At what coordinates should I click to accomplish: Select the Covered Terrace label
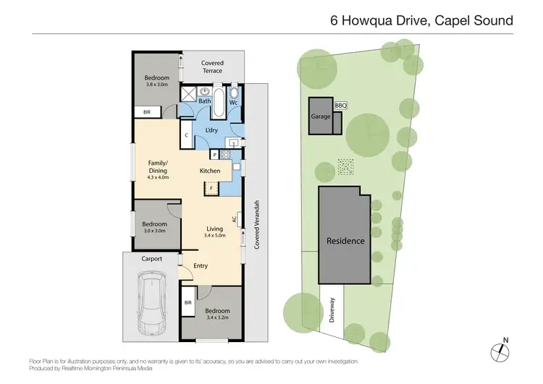pos(212,67)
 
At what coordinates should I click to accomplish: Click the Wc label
pos(234,102)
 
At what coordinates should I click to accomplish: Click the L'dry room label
pos(212,129)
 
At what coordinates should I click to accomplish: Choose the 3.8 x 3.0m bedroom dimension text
pos(156,85)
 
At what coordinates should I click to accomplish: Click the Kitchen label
pos(210,171)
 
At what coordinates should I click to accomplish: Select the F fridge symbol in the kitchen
pos(211,189)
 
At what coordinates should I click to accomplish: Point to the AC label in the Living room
pos(234,218)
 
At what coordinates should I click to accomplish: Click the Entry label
pos(201,265)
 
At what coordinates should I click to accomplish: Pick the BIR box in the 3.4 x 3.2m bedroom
pos(188,302)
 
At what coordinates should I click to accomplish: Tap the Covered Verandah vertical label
pos(256,225)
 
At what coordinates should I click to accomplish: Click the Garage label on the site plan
pos(320,116)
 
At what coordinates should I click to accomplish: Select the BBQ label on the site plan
pos(340,106)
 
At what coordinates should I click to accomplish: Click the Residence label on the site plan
pos(345,240)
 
